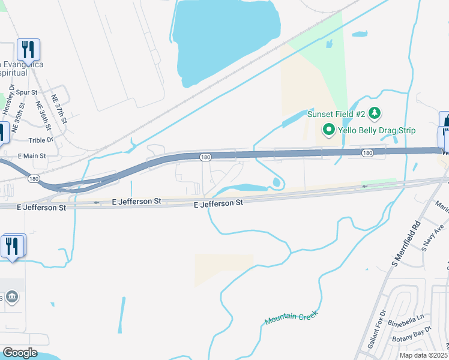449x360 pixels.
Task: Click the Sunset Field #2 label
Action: [336, 114]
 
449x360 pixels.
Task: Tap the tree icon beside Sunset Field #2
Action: [375, 113]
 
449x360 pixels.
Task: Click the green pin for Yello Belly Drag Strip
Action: [328, 129]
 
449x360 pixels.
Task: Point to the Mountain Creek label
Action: [291, 318]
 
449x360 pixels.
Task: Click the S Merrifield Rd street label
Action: [406, 244]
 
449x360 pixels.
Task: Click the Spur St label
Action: [27, 93]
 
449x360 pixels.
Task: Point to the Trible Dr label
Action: [41, 140]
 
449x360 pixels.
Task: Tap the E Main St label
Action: [32, 156]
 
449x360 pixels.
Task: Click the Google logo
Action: [20, 353]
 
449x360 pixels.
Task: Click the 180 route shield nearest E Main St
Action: [34, 179]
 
